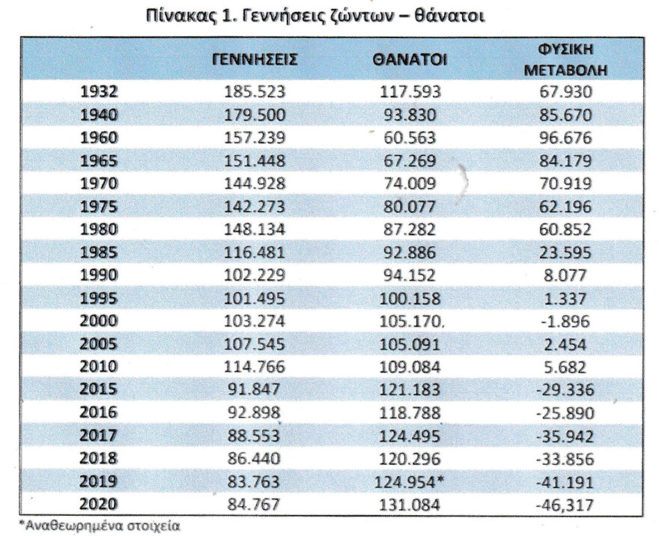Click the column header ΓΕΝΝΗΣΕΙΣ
(x=255, y=61)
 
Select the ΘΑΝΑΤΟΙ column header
(x=410, y=61)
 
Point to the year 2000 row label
(x=99, y=321)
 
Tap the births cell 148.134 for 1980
(x=255, y=230)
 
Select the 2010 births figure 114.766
(x=255, y=368)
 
